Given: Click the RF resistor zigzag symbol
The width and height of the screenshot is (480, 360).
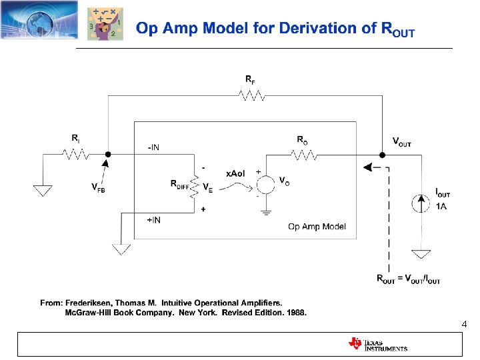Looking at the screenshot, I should click(252, 96).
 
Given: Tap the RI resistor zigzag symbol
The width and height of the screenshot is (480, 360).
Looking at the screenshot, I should click(76, 154).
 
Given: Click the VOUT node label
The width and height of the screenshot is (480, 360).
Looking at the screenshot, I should click(401, 143).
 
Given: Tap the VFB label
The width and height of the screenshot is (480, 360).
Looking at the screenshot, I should click(98, 188).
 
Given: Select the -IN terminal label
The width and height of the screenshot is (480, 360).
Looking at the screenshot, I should click(153, 147).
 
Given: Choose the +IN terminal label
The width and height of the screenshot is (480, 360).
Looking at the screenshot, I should click(153, 220).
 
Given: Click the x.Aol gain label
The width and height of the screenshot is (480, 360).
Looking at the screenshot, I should click(235, 173).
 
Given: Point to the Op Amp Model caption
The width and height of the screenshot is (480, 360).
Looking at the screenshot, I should click(317, 227).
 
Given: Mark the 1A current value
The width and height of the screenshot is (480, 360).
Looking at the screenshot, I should click(441, 207).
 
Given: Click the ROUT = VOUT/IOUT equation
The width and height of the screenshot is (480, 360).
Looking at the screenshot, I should click(408, 280).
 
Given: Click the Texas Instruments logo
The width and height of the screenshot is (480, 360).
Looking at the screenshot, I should click(377, 344).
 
